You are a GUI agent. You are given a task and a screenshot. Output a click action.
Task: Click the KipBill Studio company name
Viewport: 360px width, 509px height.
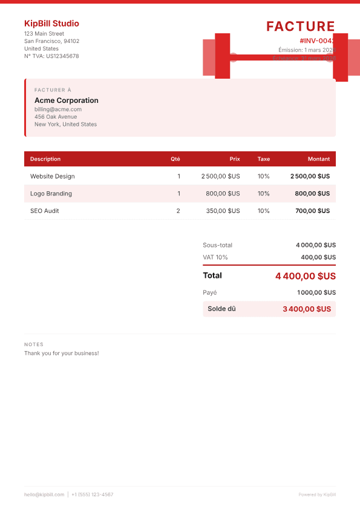click(51, 24)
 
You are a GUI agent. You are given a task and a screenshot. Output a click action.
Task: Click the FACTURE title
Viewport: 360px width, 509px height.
click(301, 26)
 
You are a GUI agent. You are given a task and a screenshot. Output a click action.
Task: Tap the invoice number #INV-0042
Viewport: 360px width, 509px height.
click(316, 40)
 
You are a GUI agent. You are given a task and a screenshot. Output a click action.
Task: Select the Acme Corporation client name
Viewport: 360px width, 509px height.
click(67, 100)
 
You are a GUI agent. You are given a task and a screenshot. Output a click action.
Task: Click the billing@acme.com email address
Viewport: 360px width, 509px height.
click(58, 110)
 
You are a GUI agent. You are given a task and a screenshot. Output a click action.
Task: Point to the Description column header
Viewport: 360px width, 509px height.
click(45, 159)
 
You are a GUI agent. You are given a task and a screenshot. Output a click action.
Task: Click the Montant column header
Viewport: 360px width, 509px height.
click(319, 159)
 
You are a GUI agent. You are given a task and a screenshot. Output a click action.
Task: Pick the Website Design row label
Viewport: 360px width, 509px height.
click(53, 176)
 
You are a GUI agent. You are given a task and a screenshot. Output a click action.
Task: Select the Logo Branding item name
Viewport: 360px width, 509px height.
click(51, 194)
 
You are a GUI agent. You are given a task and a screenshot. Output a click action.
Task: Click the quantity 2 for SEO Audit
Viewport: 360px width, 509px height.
click(178, 211)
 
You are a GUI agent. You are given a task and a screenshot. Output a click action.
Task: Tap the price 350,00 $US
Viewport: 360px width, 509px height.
click(223, 211)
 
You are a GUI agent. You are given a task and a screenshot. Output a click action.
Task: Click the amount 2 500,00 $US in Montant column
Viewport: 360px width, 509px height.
click(310, 176)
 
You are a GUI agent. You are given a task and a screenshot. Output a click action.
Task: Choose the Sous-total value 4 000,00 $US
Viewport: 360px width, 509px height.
click(316, 245)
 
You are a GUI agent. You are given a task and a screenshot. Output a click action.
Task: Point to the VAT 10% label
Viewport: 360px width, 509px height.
click(215, 257)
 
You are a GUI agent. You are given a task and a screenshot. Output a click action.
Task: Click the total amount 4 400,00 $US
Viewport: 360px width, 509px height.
click(306, 276)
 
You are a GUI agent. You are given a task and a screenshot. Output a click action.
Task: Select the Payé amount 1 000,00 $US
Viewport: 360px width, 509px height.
click(316, 292)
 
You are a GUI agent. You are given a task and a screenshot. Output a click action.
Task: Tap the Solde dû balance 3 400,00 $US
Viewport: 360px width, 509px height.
click(307, 309)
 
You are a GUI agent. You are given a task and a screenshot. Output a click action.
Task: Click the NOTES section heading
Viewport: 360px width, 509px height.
click(34, 344)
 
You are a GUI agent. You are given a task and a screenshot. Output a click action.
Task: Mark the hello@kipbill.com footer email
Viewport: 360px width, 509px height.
click(44, 494)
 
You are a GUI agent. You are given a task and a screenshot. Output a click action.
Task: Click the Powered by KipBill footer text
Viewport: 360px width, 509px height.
click(317, 494)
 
